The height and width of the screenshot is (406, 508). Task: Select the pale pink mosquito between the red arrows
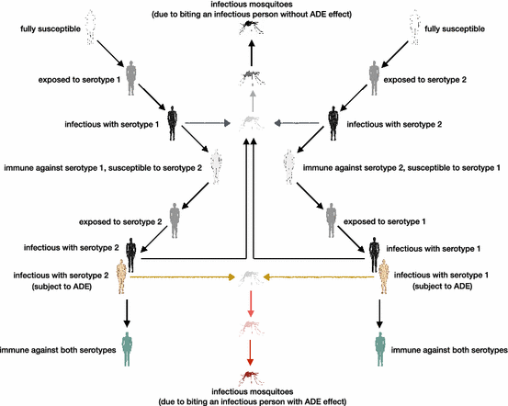coord(254,327)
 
